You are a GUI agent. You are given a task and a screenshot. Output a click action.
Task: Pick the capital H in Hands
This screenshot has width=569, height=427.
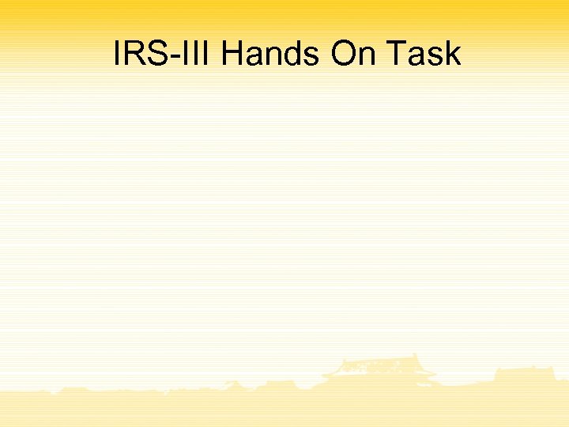point(233,54)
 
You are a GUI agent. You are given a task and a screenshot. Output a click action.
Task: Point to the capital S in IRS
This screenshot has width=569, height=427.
point(157,54)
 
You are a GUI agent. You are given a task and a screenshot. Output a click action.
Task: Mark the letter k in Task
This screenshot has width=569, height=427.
point(453,54)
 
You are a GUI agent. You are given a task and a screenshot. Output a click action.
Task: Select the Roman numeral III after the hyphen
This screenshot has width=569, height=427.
point(197,54)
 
